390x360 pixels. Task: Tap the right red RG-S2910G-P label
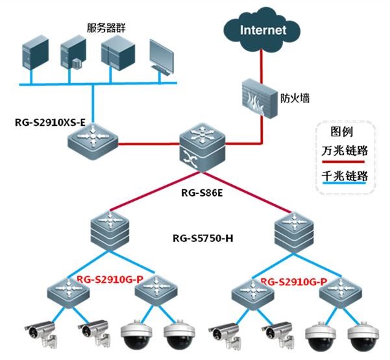pyautogui.click(x=293, y=282)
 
